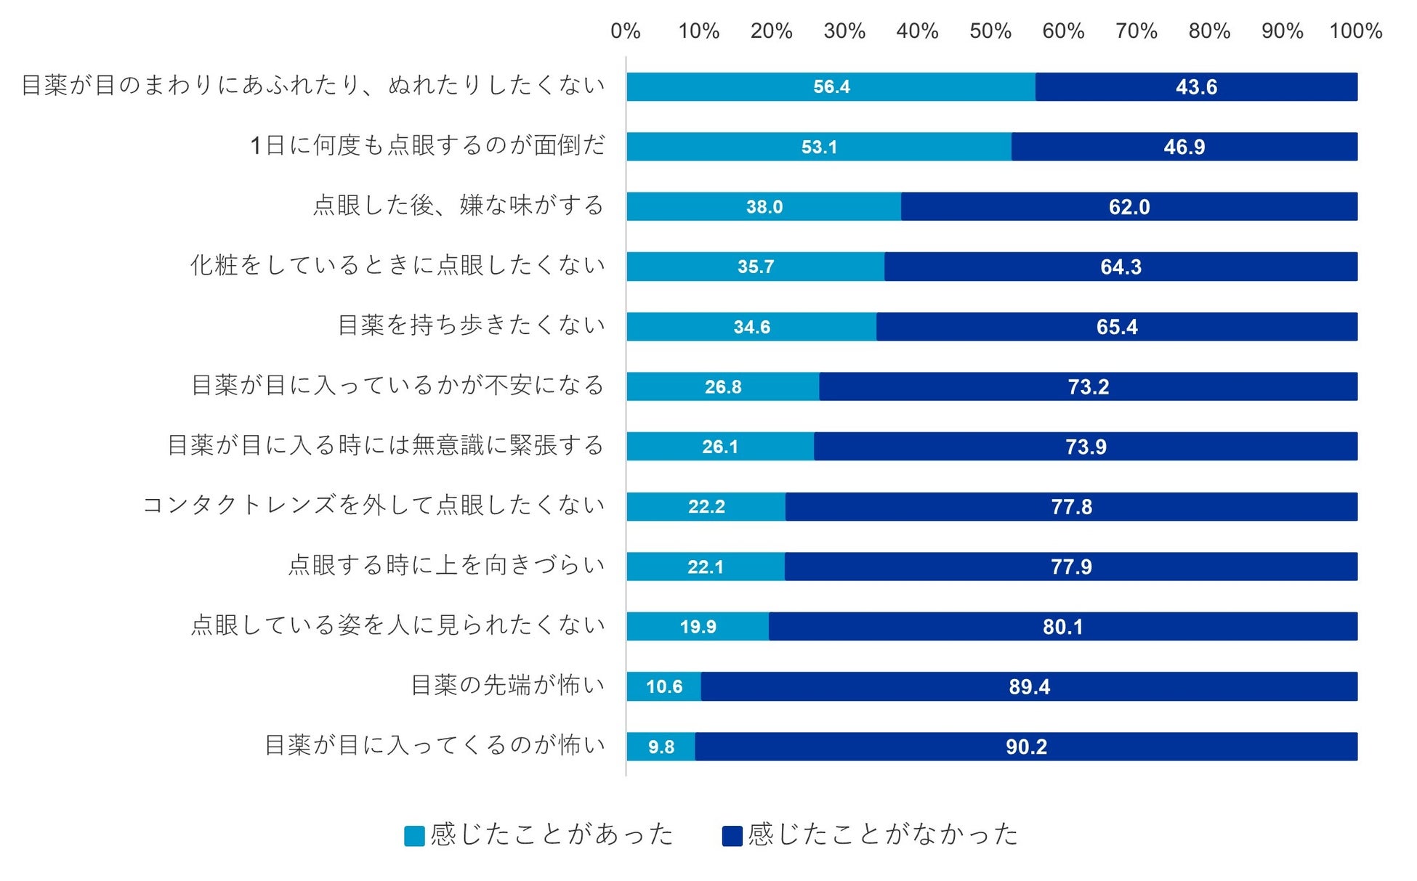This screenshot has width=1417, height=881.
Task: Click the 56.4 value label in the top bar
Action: pos(831,87)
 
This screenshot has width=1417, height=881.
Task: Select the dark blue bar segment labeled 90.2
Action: pos(1026,747)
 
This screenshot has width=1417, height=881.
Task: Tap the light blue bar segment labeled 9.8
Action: pos(661,747)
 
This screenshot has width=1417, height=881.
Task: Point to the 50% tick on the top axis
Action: pos(990,31)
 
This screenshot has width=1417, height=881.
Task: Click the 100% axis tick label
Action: pos(1355,31)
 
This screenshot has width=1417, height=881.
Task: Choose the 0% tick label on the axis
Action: pos(625,31)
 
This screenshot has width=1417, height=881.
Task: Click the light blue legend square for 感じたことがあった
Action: pos(414,836)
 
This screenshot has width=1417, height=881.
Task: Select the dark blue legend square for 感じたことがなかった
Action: pos(732,836)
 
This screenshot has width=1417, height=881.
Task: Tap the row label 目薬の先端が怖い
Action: pos(507,685)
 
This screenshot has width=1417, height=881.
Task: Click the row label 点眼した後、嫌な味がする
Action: pos(459,206)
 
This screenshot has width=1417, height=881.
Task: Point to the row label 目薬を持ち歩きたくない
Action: pos(471,325)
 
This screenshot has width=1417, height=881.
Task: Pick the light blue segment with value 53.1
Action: pos(819,147)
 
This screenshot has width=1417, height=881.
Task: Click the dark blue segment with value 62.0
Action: pos(1129,207)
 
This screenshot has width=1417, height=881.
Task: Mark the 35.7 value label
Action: pos(756,267)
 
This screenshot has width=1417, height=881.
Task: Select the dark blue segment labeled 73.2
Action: pos(1088,386)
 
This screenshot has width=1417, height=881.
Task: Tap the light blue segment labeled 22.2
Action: pos(706,506)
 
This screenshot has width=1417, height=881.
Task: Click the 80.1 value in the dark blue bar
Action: pos(1062,627)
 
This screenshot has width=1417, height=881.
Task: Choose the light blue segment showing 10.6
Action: pos(663,686)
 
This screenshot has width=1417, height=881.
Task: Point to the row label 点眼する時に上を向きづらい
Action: pos(446,565)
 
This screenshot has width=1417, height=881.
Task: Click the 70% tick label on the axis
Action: pos(1137,31)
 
